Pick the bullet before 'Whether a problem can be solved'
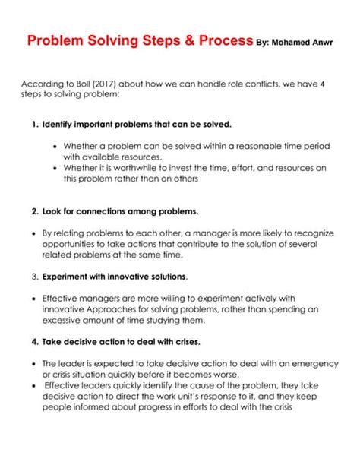click(55, 145)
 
